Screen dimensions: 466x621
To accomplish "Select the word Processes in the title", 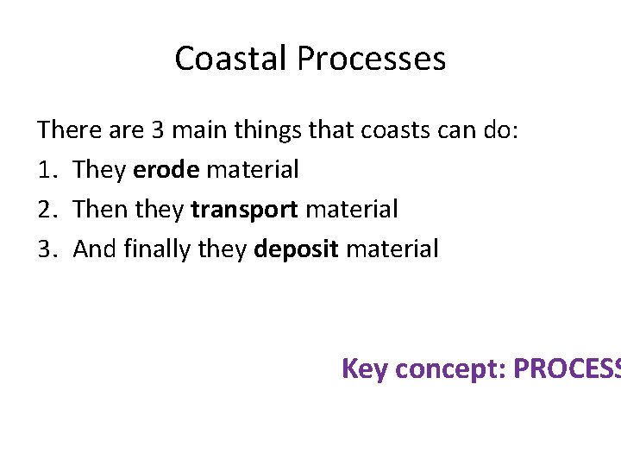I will (x=372, y=59).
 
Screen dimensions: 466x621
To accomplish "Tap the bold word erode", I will (x=166, y=170).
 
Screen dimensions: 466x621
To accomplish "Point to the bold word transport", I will (x=244, y=210).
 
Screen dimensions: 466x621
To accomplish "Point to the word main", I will (x=198, y=130).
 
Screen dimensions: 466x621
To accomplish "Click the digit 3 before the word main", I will (x=157, y=130).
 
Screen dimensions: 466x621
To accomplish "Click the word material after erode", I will (x=253, y=170).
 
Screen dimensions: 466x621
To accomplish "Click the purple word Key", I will (x=364, y=368).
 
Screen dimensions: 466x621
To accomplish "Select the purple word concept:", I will (x=448, y=368).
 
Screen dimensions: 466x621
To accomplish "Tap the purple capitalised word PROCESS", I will (x=567, y=368).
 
